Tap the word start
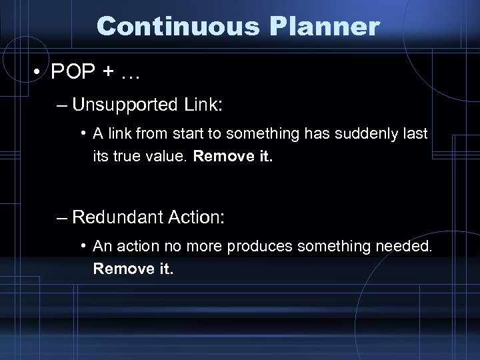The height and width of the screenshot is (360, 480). pyautogui.click(x=191, y=134)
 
